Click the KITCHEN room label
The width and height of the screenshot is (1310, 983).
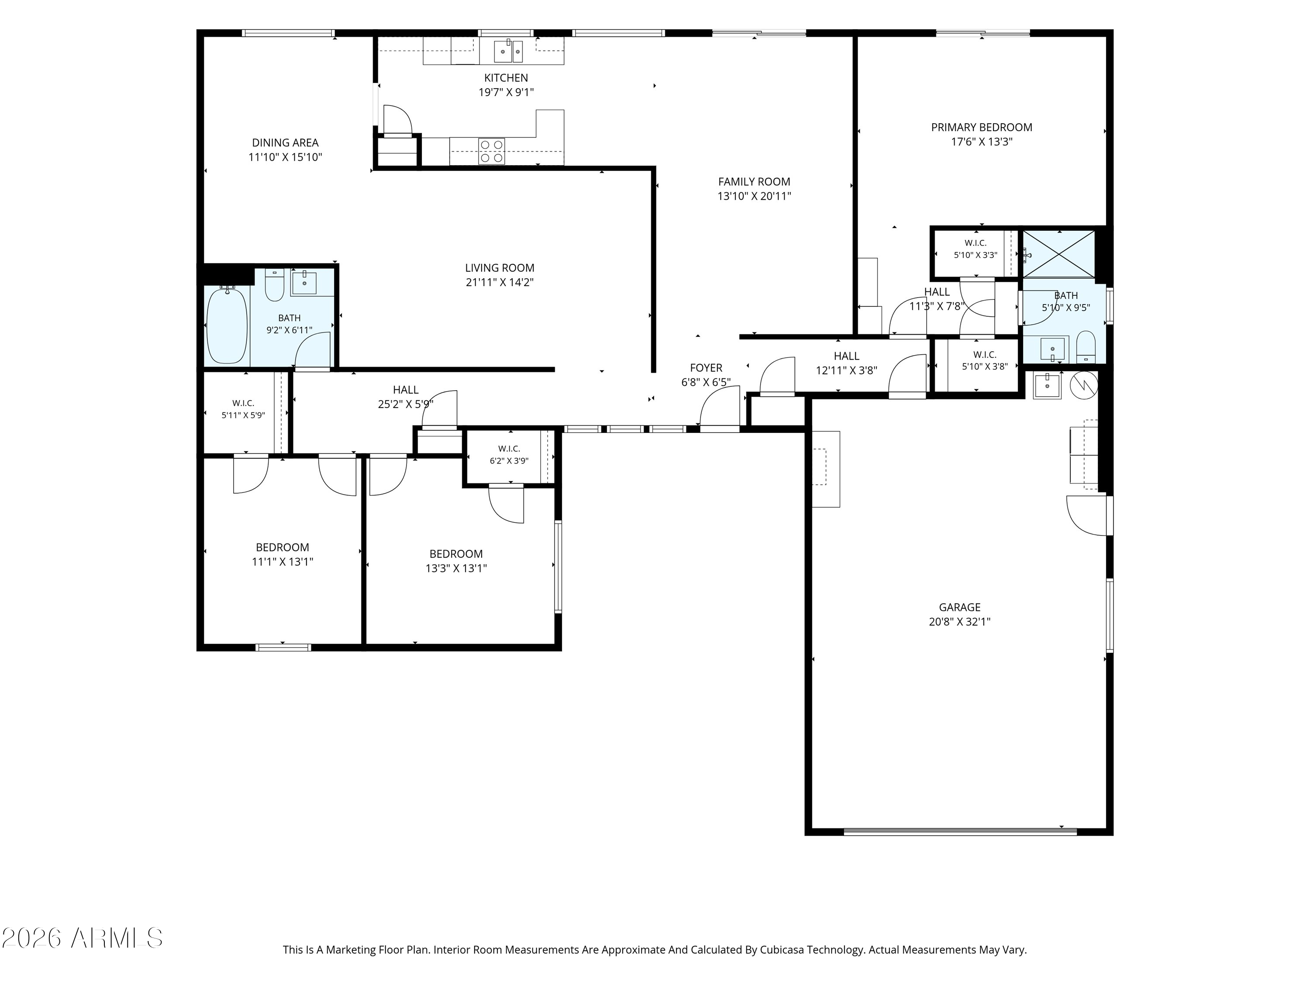(x=506, y=78)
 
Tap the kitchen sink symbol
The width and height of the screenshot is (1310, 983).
(x=509, y=51)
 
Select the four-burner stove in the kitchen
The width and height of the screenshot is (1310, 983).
(x=492, y=151)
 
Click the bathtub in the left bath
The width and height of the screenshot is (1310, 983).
(x=227, y=325)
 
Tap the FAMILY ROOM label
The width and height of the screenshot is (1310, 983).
(x=754, y=182)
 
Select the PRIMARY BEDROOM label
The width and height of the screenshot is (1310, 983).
(x=981, y=128)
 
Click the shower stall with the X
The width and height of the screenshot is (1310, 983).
(x=1059, y=253)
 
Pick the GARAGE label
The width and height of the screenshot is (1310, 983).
(x=959, y=607)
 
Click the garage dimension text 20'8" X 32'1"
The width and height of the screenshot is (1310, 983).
(x=959, y=622)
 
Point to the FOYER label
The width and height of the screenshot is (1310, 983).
(x=706, y=368)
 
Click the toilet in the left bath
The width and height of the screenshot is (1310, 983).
(x=274, y=285)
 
